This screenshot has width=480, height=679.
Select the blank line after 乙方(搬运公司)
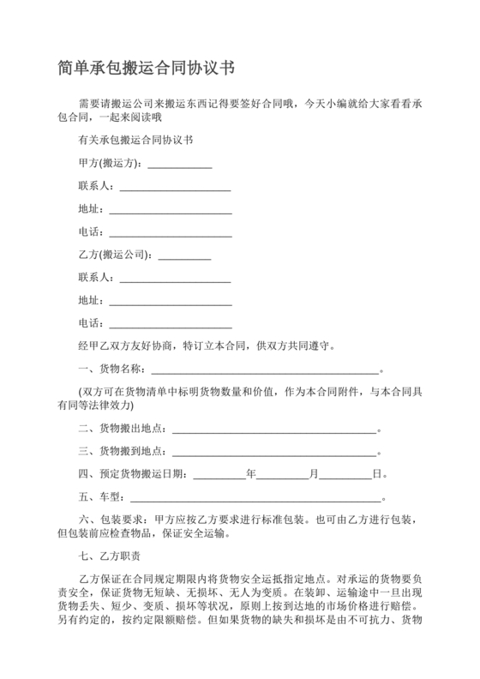pos(184,255)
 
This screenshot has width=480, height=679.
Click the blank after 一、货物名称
pos(265,370)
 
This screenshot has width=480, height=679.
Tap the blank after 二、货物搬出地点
pos(273,428)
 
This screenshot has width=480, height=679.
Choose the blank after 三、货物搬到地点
pos(273,451)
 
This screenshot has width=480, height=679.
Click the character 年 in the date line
pos(251,474)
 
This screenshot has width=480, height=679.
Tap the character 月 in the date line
pos(315,474)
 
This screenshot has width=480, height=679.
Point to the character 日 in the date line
pos(378,474)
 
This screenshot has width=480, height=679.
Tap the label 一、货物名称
pos(111,370)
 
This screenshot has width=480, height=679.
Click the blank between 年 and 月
pos(283,474)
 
